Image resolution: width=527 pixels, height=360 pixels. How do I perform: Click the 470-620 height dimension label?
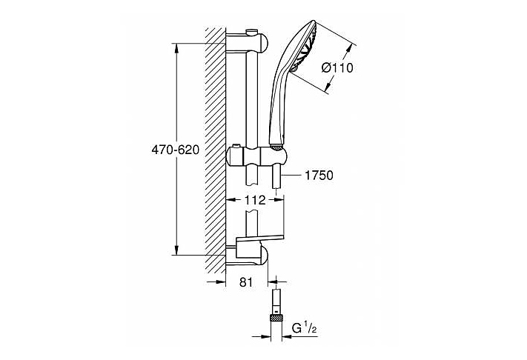175,150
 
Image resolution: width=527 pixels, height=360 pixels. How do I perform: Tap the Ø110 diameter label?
337,68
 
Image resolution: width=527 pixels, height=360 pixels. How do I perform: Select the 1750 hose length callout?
319,176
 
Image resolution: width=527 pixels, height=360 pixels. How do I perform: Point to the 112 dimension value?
255,200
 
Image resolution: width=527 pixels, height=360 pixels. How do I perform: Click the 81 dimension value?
246,282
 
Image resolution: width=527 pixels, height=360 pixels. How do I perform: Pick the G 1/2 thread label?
304,328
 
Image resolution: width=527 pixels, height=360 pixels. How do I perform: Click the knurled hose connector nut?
276,316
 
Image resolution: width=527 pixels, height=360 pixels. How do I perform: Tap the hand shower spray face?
305,47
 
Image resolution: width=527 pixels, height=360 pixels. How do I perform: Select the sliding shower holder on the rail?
256,156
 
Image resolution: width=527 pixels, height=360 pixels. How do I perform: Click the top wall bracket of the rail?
247,42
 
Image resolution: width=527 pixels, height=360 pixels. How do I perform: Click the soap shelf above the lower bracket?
260,239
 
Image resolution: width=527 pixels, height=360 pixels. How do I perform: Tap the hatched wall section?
216,150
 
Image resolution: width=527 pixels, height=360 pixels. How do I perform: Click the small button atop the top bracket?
251,33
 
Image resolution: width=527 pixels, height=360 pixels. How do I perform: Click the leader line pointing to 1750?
292,175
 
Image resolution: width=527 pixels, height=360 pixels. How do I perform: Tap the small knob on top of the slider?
236,147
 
